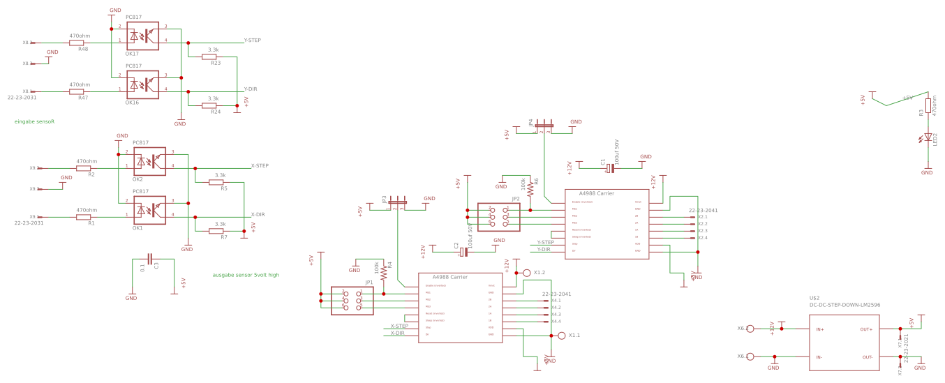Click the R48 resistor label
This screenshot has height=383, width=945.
pyautogui.click(x=82, y=49)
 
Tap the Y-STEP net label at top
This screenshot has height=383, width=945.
pyautogui.click(x=252, y=40)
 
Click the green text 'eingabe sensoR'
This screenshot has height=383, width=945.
pyautogui.click(x=34, y=121)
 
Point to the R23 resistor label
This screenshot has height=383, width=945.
pyautogui.click(x=216, y=63)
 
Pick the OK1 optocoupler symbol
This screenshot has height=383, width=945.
pyautogui.click(x=149, y=210)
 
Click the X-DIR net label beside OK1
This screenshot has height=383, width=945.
pyautogui.click(x=258, y=215)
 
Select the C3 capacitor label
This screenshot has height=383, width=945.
pyautogui.click(x=156, y=265)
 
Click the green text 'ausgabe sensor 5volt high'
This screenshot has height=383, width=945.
pyautogui.click(x=246, y=275)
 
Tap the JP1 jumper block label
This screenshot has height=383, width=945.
pyautogui.click(x=369, y=283)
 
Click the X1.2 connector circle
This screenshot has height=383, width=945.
pyautogui.click(x=527, y=273)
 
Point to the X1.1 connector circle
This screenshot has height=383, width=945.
pyautogui.click(x=562, y=336)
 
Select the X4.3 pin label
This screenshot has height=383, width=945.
pyautogui.click(x=556, y=315)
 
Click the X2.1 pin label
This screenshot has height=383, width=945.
pyautogui.click(x=703, y=217)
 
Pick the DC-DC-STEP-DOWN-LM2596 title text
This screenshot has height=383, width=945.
pyautogui.click(x=844, y=305)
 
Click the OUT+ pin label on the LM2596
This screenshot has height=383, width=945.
pyautogui.click(x=866, y=329)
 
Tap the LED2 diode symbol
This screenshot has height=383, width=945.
pyautogui.click(x=927, y=138)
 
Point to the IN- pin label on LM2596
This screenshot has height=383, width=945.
pyautogui.click(x=820, y=357)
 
